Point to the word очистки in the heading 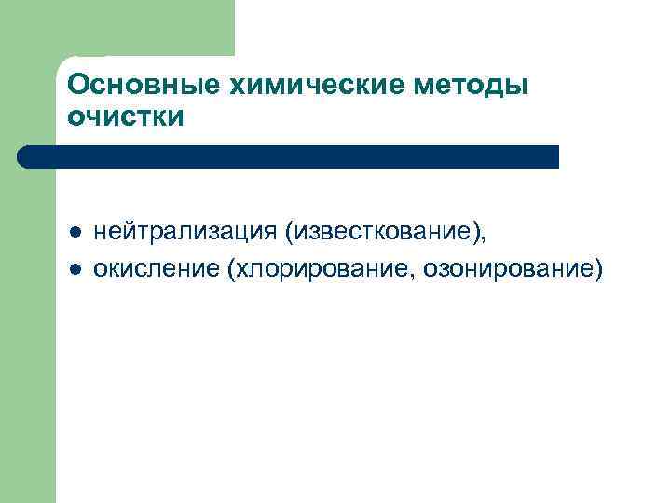point(127,118)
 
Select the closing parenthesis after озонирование point(598,269)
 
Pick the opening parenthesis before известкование point(291,231)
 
